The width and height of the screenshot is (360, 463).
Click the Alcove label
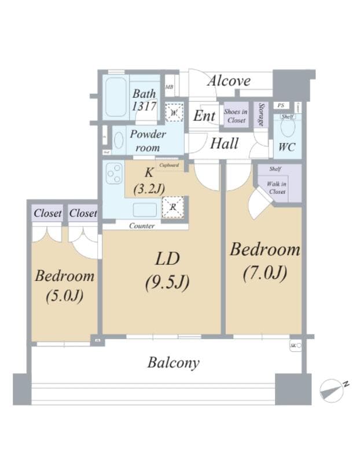coord(229,80)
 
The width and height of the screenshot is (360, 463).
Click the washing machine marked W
coord(174,113)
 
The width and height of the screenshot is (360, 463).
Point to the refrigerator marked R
coord(173,207)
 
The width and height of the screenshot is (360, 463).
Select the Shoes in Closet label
coord(236,116)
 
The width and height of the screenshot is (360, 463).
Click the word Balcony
coord(173,363)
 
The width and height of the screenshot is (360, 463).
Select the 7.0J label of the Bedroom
coord(265,272)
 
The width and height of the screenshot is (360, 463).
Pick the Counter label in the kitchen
coord(142,226)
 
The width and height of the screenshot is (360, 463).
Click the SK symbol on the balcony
coord(295,346)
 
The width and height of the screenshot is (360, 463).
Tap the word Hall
coord(224,143)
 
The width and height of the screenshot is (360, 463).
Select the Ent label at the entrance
coord(204,116)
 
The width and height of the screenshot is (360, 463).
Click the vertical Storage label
coord(262,115)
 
